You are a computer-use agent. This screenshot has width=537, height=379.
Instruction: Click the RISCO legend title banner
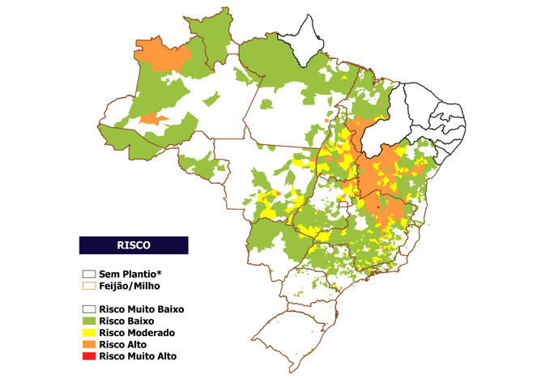134,245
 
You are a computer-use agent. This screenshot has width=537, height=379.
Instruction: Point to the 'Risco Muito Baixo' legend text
142,309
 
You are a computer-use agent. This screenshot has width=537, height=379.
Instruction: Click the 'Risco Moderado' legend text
135,332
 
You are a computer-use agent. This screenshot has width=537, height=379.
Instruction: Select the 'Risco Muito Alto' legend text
138,355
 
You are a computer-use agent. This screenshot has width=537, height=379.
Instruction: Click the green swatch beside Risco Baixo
88,321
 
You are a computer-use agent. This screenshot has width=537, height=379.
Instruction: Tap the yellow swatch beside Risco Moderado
88,332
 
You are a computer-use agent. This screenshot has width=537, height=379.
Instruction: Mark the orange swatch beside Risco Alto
88,343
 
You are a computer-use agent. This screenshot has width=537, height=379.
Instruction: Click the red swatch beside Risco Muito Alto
88,355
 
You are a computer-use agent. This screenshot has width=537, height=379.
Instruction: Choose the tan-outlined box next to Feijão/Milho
88,286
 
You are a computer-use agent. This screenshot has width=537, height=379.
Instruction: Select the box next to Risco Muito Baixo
88,309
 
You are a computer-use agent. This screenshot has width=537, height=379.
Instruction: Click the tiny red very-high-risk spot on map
379,208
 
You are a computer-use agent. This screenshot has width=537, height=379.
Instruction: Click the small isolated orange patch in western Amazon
153,120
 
